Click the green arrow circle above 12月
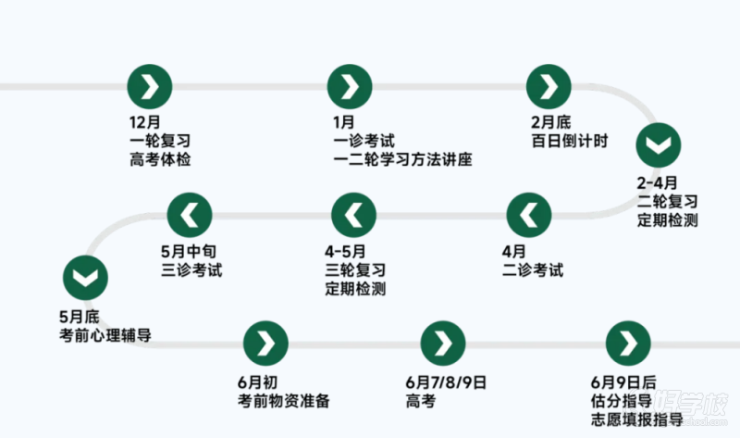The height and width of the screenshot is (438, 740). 150,87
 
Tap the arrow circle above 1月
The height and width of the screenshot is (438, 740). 350,87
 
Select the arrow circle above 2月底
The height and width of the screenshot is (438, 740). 549,87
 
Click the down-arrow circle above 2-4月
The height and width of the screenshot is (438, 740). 659,145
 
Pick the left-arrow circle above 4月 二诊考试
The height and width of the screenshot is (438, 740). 529,215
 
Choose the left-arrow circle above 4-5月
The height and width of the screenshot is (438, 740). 354,215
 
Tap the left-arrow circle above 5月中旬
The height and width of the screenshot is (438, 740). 190,215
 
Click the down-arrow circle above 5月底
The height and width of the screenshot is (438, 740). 85,278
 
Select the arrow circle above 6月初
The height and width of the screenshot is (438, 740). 265,344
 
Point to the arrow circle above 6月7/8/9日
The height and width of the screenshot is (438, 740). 443,344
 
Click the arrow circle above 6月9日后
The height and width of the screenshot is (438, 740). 628,344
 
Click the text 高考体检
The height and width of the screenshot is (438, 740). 160,159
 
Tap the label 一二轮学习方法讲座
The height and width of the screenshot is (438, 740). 402,159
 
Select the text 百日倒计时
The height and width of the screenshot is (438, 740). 570,141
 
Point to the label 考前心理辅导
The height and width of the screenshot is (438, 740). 105,335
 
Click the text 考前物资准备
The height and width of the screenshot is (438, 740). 284,401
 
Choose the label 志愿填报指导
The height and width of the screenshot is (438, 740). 637,420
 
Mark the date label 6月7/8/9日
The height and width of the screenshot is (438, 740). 446,382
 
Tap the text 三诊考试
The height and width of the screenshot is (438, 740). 191,269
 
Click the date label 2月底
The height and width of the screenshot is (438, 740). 550,122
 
